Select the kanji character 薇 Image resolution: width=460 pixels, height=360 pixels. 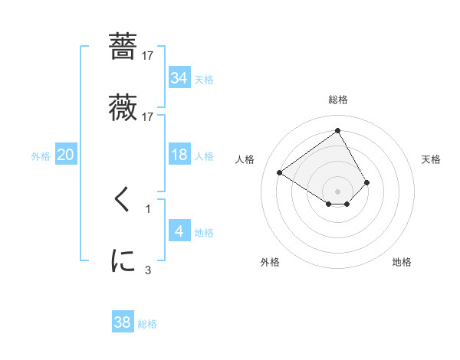123,106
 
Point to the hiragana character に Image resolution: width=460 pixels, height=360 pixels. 123,260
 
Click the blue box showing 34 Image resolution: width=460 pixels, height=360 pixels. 179,77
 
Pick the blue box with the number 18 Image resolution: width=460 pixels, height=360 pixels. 179,155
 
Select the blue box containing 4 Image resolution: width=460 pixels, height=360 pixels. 179,231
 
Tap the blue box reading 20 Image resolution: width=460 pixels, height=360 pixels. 65,155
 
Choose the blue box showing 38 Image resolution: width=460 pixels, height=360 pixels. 122,322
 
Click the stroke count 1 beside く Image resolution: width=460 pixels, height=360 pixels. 148,208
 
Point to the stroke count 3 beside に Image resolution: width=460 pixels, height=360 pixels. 148,270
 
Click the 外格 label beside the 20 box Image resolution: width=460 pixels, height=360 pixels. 41,155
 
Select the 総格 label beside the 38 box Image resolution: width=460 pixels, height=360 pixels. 147,324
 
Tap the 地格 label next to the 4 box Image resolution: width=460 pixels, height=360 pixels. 204,233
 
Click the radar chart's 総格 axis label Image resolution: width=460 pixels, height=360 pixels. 338,100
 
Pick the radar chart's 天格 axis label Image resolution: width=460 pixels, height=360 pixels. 432,159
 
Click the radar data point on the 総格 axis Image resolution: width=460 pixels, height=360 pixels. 338,130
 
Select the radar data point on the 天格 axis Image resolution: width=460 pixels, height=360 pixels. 367,182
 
